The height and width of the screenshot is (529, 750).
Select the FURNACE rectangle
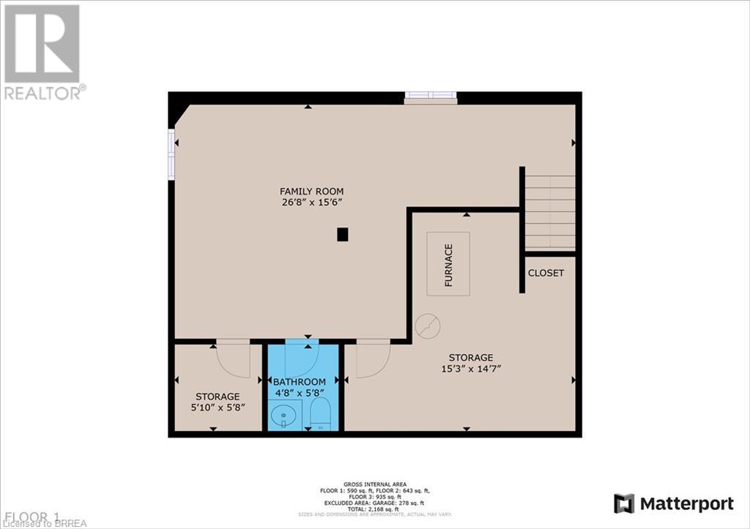(x=448, y=263)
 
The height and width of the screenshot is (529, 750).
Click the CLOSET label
(x=546, y=273)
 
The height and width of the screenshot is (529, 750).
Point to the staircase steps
(x=550, y=211)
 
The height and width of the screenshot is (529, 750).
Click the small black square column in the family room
(x=342, y=234)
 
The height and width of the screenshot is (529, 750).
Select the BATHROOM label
(x=299, y=382)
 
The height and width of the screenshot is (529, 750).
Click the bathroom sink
(x=282, y=416)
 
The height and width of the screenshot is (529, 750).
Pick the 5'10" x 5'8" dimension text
(x=217, y=407)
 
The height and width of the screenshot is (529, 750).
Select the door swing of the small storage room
(x=234, y=357)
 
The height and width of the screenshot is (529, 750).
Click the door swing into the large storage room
(x=372, y=359)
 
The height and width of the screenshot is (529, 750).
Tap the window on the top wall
(x=431, y=95)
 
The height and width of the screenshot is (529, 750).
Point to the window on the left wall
(x=171, y=154)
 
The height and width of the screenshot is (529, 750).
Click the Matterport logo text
(x=686, y=503)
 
